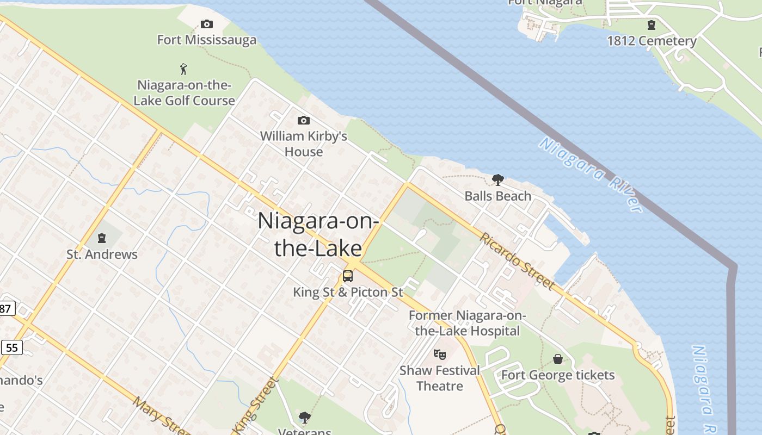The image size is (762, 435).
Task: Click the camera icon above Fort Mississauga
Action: [x=207, y=24]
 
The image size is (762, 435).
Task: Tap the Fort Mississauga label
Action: [x=207, y=40]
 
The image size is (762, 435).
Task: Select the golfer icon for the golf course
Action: [x=184, y=69]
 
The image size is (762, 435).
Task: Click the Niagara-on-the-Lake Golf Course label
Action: [x=185, y=93]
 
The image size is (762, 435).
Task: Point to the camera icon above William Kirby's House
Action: [x=304, y=120]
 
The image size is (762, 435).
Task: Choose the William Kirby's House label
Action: [x=304, y=144]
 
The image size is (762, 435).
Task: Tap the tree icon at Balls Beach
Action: [x=497, y=179]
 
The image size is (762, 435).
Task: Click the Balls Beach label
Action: [x=497, y=196]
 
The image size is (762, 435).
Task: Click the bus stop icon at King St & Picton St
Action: [x=347, y=276]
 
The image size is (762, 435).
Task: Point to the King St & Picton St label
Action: [x=348, y=292]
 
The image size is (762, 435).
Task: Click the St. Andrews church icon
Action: [x=102, y=238]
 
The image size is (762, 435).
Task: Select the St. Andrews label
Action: [x=102, y=254]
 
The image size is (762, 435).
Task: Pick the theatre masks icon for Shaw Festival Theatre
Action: [x=440, y=355]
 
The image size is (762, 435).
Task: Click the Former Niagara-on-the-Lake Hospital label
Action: [x=467, y=323]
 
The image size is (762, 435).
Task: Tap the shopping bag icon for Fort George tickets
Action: [x=558, y=359]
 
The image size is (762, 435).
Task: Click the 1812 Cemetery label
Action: [x=652, y=41]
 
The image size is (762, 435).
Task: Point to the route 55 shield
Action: [x=11, y=347]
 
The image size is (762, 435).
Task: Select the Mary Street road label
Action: [x=161, y=416]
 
